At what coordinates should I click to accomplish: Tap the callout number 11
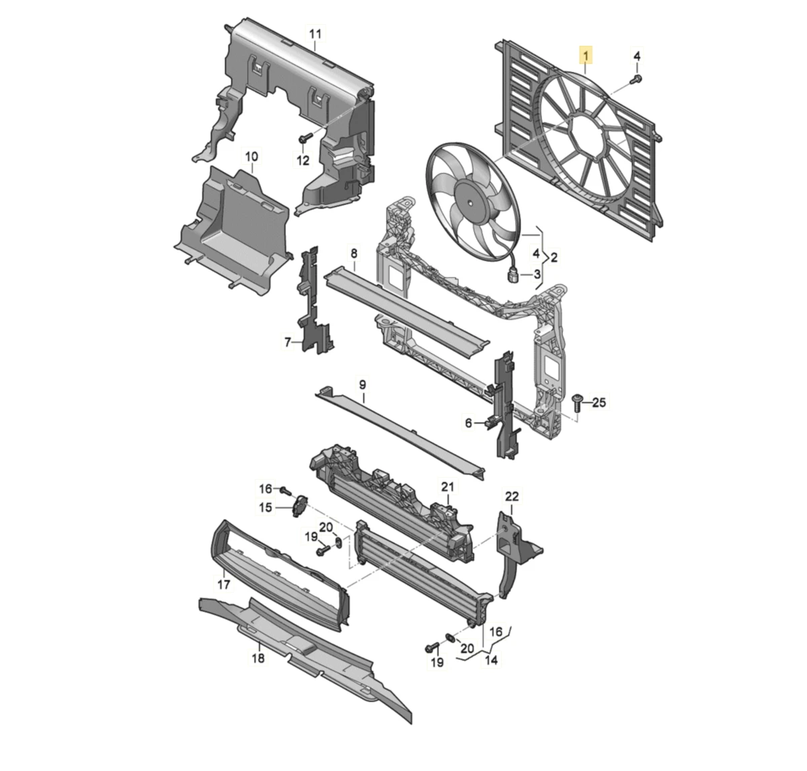(x=315, y=34)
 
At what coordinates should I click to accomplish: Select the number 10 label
(x=251, y=157)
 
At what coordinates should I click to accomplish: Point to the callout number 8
(x=354, y=253)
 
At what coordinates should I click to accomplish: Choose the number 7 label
(x=287, y=342)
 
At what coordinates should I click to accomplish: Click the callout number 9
(x=362, y=385)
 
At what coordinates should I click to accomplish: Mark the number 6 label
(x=469, y=423)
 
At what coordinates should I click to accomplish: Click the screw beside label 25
(x=576, y=402)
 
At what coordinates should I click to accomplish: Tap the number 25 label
(x=599, y=402)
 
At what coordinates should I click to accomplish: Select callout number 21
(x=448, y=486)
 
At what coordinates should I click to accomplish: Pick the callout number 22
(x=512, y=497)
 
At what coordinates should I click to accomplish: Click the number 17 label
(x=224, y=584)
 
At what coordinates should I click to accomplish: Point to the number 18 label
(x=258, y=658)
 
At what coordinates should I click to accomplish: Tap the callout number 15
(x=266, y=507)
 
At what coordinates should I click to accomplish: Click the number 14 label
(x=492, y=661)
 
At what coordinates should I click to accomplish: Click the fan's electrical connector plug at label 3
(x=514, y=274)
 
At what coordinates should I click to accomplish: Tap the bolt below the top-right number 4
(x=635, y=80)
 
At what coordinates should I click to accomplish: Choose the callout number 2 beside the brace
(x=554, y=257)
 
